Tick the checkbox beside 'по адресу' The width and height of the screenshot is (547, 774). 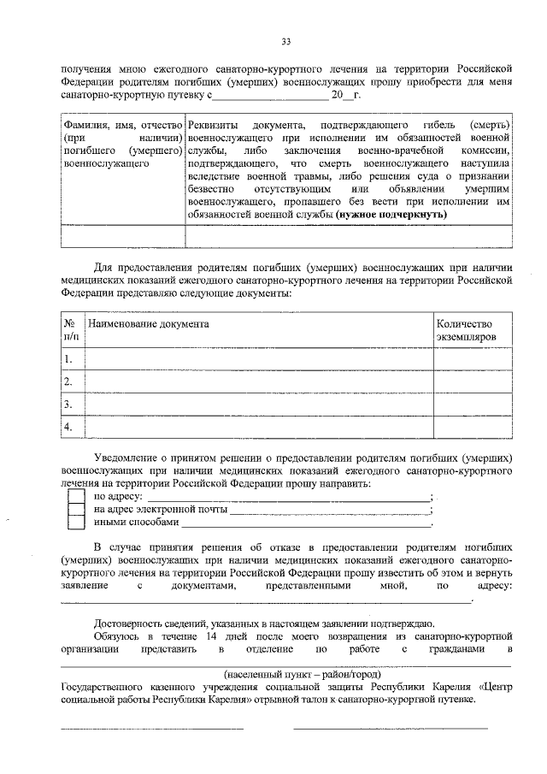pyautogui.click(x=76, y=496)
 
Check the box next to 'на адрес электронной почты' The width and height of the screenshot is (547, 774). pyautogui.click(x=76, y=510)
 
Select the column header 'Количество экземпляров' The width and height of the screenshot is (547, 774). pyautogui.click(x=466, y=331)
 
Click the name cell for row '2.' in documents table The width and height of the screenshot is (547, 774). pyautogui.click(x=257, y=381)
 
